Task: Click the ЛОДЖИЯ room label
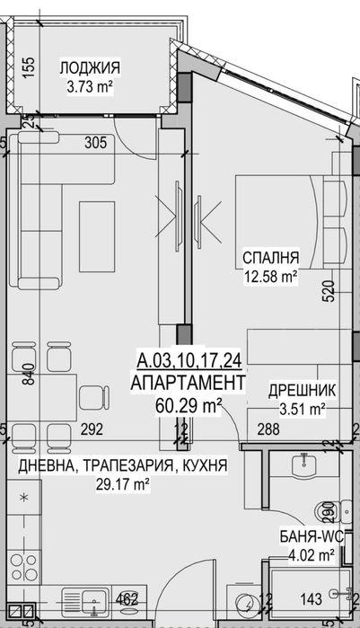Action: [90, 67]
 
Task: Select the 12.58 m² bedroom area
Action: [271, 278]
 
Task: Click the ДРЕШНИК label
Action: [303, 391]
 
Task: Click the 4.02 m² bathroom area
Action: [310, 554]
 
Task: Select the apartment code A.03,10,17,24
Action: [189, 362]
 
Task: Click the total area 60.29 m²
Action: [189, 406]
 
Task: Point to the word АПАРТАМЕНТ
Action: [188, 384]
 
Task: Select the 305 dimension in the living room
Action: [95, 142]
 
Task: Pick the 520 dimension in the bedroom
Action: [329, 292]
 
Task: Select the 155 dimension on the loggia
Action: [28, 68]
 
